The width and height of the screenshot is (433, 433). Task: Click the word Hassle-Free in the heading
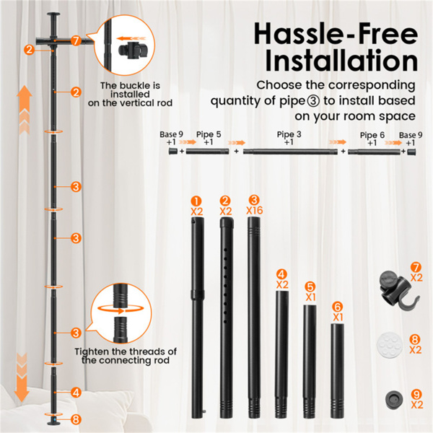point(336,35)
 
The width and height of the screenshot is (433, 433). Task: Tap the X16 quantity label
point(254,211)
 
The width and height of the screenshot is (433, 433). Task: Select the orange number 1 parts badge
point(196,201)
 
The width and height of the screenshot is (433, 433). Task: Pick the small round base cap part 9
point(394,399)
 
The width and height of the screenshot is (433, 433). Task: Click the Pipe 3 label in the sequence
point(289,134)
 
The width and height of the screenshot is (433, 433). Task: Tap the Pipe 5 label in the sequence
point(209,134)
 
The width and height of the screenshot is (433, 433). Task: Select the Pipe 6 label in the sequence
point(372,136)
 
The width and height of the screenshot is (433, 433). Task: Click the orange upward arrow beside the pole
point(25,110)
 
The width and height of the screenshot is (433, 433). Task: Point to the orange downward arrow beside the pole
point(22,377)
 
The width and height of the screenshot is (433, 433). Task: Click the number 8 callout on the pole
point(76,419)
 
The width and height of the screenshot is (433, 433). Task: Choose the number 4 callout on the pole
point(76,393)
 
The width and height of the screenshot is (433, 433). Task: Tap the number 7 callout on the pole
point(76,40)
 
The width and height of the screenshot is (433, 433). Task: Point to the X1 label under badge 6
point(338,318)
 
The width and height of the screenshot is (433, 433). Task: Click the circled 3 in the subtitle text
point(313,101)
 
